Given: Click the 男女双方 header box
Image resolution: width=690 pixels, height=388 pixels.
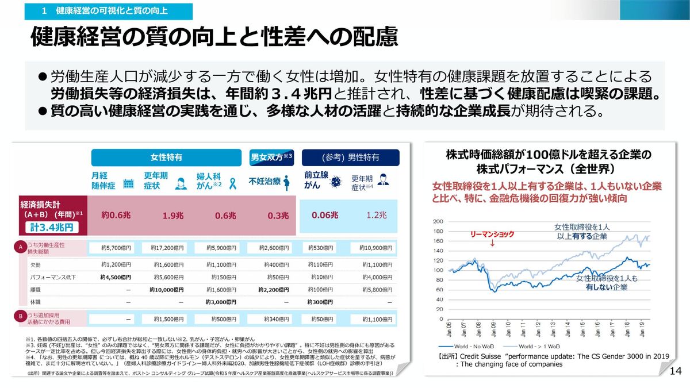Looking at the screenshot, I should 272,157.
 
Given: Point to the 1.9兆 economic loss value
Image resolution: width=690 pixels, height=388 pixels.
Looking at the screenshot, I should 172,216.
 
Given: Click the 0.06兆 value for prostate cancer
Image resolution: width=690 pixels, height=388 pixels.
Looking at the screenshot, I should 325,215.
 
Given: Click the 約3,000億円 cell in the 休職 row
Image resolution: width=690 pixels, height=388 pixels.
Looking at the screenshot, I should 221,302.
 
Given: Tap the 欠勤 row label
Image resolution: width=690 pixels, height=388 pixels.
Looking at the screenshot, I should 36,265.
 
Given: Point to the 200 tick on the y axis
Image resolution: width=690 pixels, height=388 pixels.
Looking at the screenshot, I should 438,221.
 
